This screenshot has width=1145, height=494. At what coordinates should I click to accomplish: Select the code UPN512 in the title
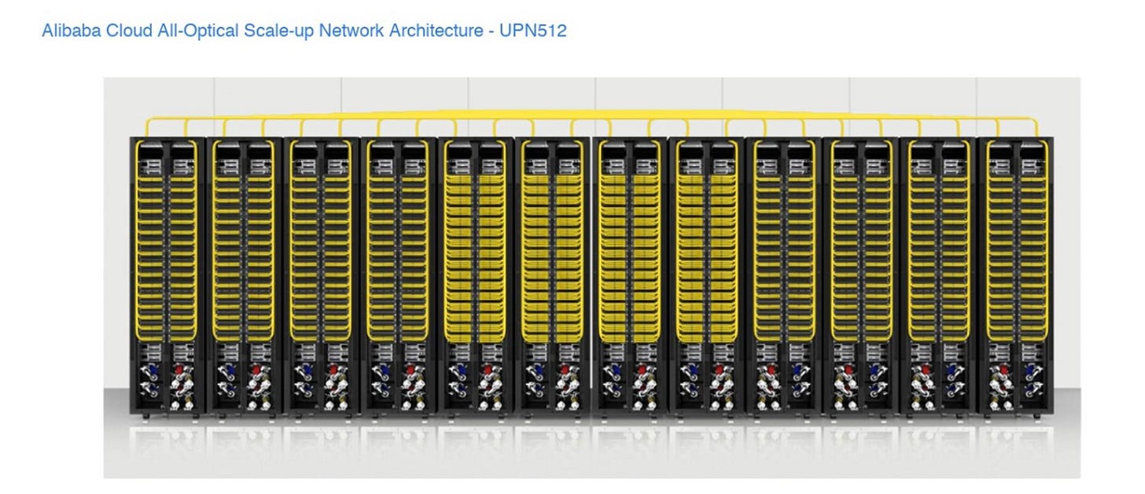pyautogui.click(x=533, y=32)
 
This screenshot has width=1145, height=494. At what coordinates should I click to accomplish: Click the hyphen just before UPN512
pyautogui.click(x=492, y=32)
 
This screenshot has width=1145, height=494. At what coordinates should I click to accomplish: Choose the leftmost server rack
pyautogui.click(x=166, y=275)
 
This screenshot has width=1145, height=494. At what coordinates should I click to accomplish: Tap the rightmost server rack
pyautogui.click(x=1014, y=275)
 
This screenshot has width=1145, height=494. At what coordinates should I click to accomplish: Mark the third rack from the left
pyautogui.click(x=320, y=275)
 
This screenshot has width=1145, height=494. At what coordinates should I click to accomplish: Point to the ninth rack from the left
pyautogui.click(x=782, y=275)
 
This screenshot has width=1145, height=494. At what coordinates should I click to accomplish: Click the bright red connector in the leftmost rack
pyautogui.click(x=179, y=368)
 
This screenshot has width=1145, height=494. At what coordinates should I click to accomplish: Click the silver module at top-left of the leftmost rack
pyautogui.click(x=147, y=166)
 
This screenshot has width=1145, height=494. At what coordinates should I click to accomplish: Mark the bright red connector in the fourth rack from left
pyautogui.click(x=410, y=368)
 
